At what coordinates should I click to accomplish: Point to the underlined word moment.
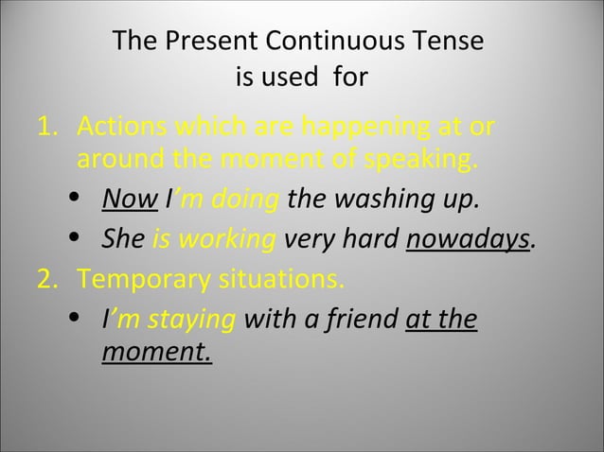pos(156,354)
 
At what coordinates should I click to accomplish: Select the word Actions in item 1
pos(123,127)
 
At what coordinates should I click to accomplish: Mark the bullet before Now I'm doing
pos(76,200)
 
